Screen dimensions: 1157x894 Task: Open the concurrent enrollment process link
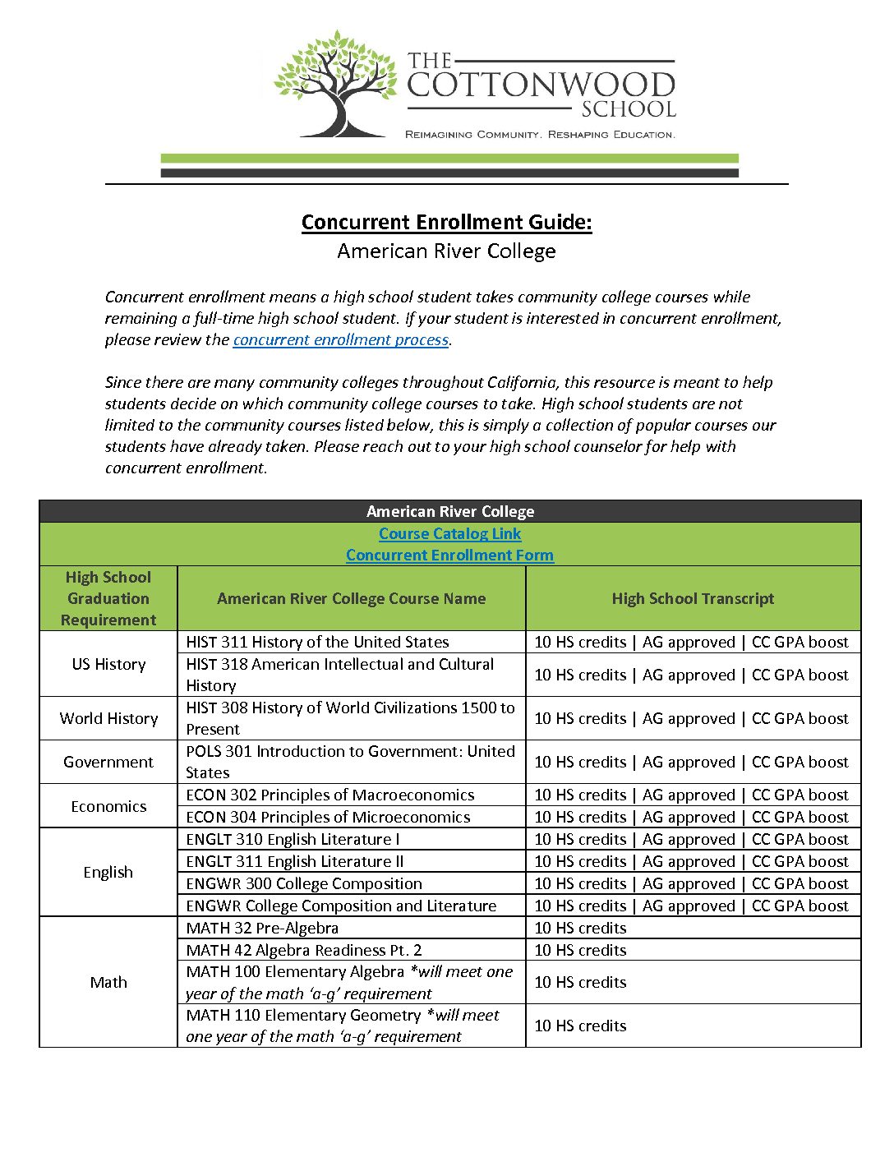coord(340,340)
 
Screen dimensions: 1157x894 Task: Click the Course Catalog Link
coord(449,534)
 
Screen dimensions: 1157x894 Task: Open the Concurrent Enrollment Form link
coord(449,555)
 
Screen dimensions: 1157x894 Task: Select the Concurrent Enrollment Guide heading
coord(446,223)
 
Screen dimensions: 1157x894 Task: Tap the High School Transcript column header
coord(693,599)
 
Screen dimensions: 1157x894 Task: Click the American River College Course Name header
coord(351,599)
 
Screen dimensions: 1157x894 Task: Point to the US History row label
coord(108,665)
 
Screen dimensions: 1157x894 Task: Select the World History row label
coord(108,719)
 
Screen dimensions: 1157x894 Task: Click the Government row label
coord(108,763)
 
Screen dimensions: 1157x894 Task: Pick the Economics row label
coord(108,807)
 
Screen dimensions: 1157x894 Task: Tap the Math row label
coord(108,983)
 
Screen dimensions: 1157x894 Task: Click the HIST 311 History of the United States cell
coord(317,643)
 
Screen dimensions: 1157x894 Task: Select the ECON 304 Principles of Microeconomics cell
coord(328,818)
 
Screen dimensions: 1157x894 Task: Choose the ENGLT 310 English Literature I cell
coord(293,840)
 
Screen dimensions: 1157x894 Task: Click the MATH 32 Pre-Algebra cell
coord(262,929)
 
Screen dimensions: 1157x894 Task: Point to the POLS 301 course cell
coord(350,763)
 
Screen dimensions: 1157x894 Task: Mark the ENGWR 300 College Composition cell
coord(304,884)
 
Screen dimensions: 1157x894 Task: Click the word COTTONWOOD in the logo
coord(541,85)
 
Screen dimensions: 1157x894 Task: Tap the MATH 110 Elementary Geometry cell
coord(342,1026)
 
